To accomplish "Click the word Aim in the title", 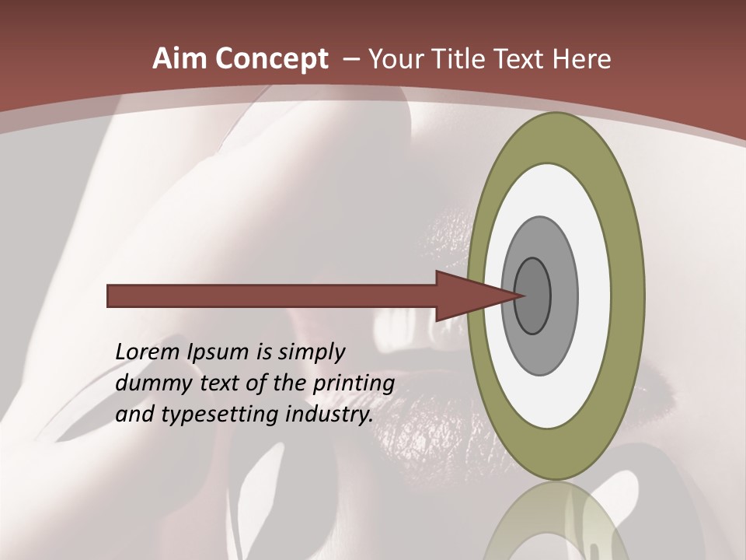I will point(179,59).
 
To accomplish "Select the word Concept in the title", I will point(272,59).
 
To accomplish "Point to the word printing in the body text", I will point(354,383).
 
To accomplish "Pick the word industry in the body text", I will point(329,415).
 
